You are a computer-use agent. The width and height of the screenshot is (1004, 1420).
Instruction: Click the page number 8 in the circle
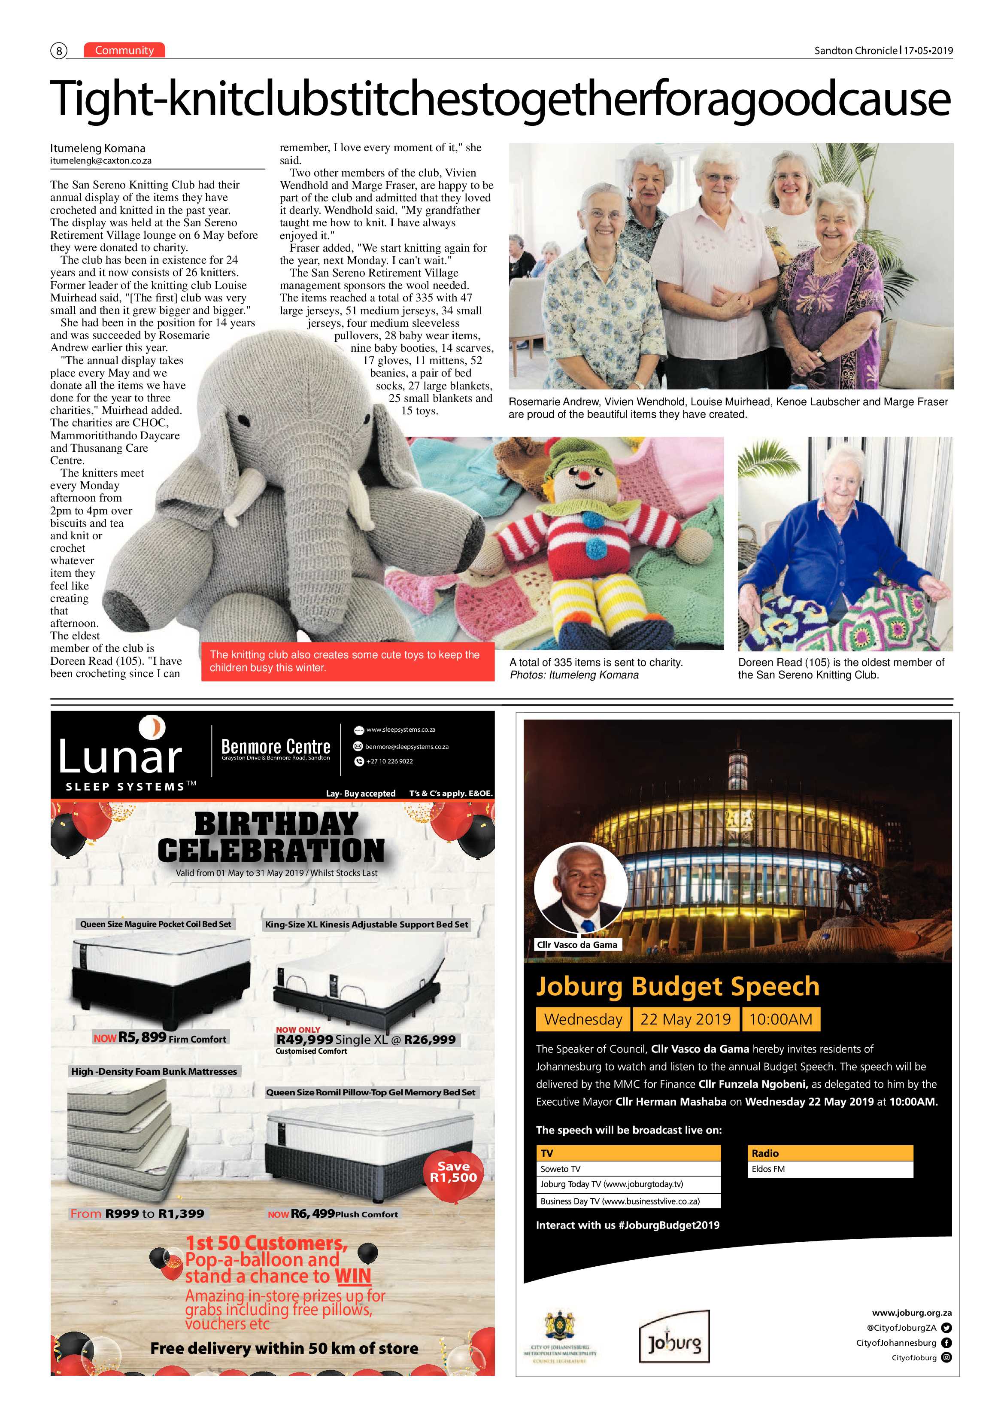coord(59,51)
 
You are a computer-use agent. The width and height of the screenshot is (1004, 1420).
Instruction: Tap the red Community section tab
coord(124,50)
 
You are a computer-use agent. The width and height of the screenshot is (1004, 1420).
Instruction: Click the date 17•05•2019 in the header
coord(928,51)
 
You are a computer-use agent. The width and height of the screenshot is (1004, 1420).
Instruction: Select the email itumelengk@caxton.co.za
coord(101,161)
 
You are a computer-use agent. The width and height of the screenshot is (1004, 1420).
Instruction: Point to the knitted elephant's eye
coord(246,425)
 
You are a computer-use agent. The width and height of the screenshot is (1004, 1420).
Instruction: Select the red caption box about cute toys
coord(347,661)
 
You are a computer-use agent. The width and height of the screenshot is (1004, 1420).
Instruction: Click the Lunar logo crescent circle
coord(152,727)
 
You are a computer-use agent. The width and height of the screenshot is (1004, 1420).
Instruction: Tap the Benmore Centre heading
coord(276,746)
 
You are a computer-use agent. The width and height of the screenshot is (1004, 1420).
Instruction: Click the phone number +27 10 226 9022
coord(389,761)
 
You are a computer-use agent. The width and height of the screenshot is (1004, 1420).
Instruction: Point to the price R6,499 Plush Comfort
coord(312,1213)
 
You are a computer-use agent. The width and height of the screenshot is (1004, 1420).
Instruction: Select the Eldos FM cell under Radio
coord(830,1169)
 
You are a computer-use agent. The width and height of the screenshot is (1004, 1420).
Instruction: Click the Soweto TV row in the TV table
coord(628,1169)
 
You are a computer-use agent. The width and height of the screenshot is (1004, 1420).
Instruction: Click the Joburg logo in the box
coord(674,1343)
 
